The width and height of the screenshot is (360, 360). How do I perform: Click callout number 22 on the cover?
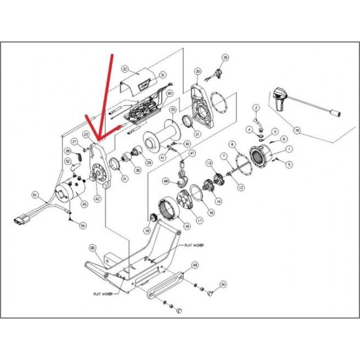(x=125, y=69)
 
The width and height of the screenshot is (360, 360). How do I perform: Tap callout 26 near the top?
(x=226, y=58)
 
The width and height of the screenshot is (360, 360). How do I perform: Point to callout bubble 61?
(x=35, y=195)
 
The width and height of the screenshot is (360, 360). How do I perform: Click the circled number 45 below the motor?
(x=84, y=204)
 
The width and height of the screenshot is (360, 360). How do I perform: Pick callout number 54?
(x=83, y=226)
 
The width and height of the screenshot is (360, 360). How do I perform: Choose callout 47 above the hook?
(x=192, y=154)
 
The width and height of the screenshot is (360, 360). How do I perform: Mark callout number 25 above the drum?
(x=173, y=110)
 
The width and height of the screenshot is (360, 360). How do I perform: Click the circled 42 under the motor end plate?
(x=97, y=199)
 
